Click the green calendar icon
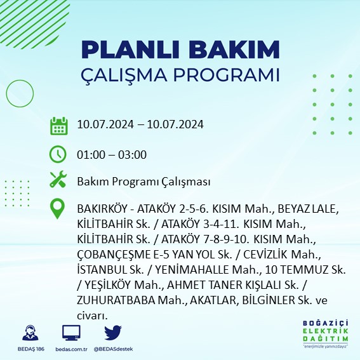pos(58,126)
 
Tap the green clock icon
pos(58,154)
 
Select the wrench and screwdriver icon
pos(58,180)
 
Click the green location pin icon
pos(58,209)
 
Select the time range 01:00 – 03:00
pos(111,155)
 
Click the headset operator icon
pos(29,333)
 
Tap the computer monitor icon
pos(71,333)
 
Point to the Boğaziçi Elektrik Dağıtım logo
pos(325,336)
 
